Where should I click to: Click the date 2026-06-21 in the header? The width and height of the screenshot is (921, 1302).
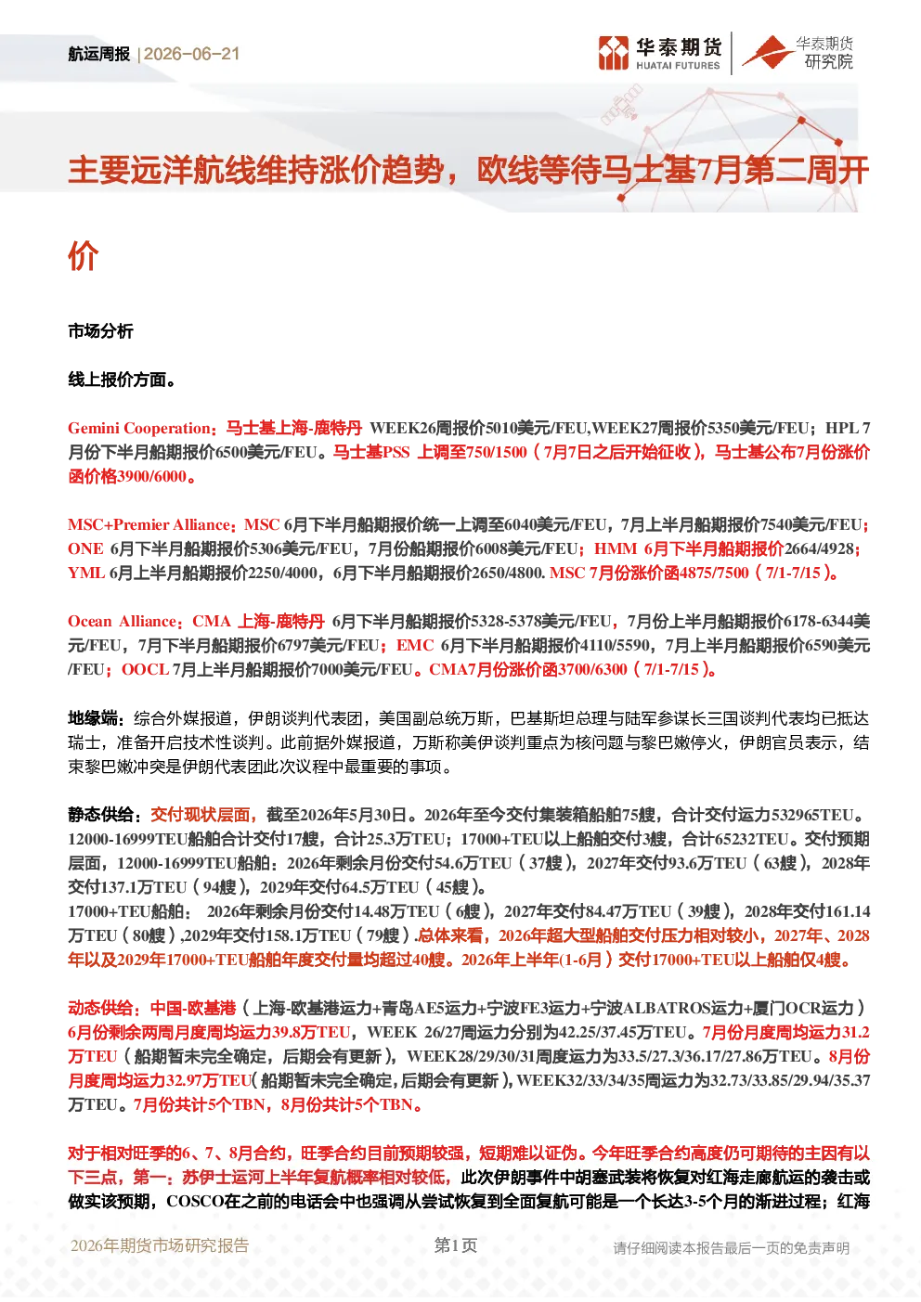click(x=191, y=54)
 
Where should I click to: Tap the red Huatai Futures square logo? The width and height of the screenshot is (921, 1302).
click(x=614, y=53)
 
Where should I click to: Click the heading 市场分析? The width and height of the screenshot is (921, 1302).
click(x=100, y=331)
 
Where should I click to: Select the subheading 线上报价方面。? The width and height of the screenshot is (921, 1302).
click(x=122, y=380)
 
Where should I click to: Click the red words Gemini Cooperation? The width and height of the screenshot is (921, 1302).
click(x=139, y=429)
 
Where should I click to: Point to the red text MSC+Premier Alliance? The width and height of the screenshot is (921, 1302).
click(x=149, y=525)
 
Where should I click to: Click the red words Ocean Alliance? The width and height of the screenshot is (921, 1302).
click(x=122, y=622)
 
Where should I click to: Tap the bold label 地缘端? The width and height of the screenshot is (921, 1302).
click(x=93, y=718)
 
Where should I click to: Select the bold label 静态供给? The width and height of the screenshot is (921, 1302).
click(x=100, y=815)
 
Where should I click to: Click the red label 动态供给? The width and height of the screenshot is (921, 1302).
click(x=100, y=1008)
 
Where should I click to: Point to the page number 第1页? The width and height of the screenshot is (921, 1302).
click(x=456, y=1245)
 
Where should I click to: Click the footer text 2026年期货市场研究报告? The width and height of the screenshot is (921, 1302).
click(x=160, y=1245)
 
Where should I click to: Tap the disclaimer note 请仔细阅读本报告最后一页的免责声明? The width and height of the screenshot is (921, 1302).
click(x=732, y=1248)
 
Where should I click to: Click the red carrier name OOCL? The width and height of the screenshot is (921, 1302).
click(x=145, y=670)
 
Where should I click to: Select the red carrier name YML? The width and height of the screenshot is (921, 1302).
click(x=86, y=574)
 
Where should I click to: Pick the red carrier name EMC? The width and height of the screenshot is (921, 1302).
click(x=415, y=646)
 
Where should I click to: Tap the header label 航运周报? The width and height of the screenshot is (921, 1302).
click(x=98, y=54)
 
